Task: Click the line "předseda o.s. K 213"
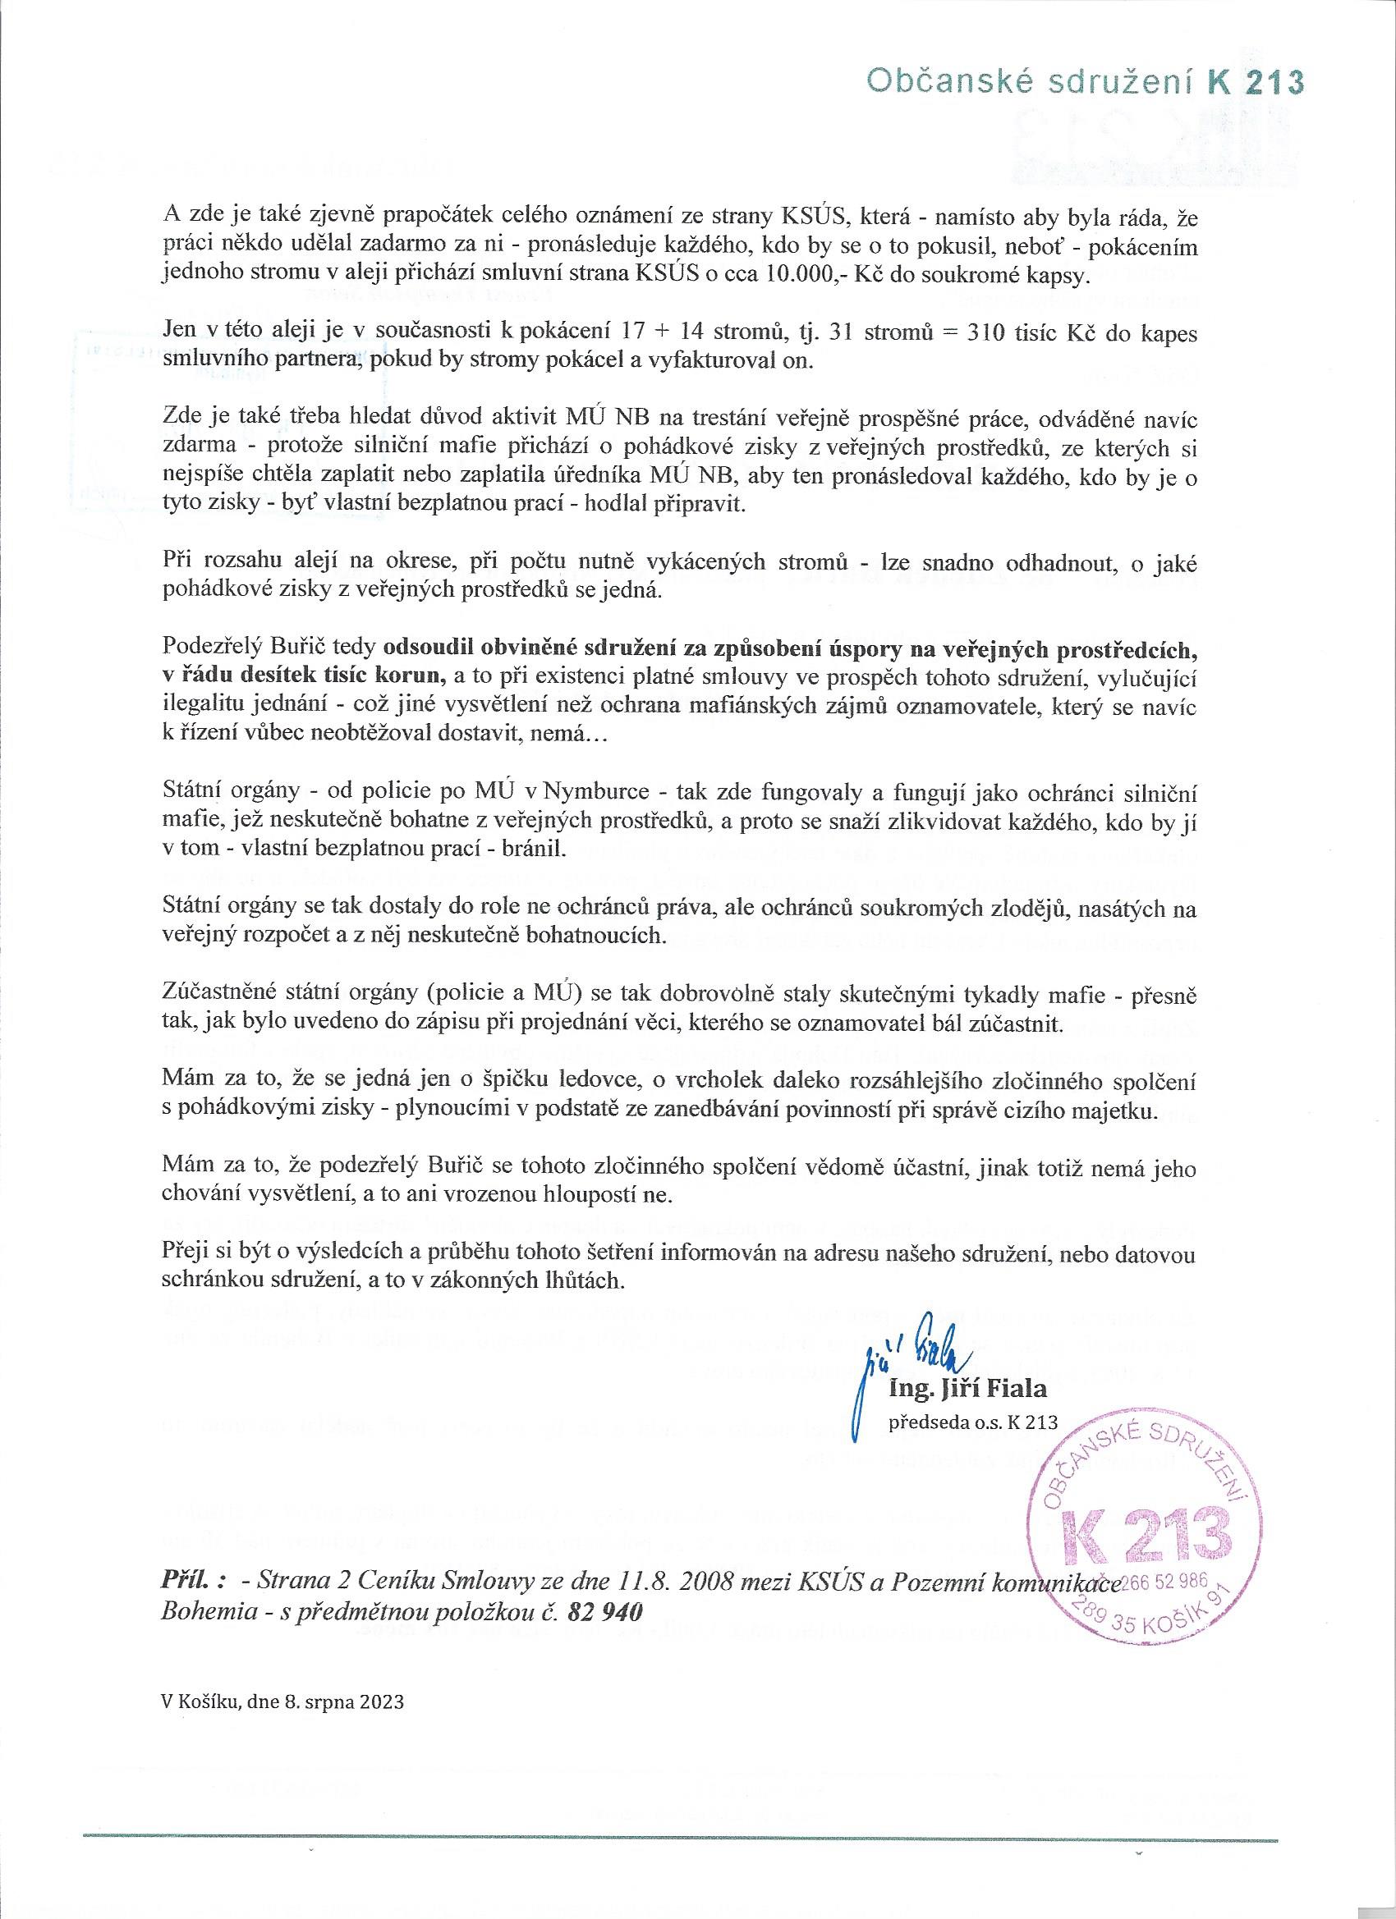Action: pos(972,1423)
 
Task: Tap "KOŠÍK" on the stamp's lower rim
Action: pos(1173,1625)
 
